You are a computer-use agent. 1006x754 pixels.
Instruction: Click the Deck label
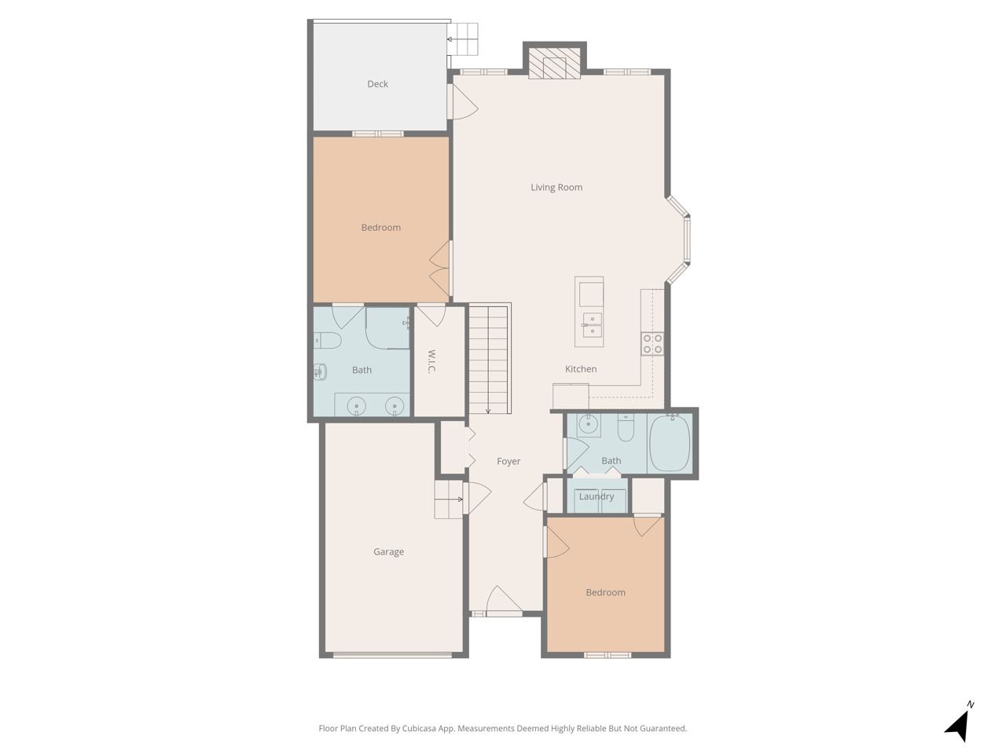(x=377, y=84)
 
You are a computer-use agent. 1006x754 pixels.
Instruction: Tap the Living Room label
(x=556, y=187)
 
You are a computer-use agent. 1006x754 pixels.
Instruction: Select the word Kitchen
(x=580, y=368)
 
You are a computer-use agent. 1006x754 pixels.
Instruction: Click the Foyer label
(x=509, y=461)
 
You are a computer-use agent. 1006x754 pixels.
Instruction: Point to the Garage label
(x=388, y=551)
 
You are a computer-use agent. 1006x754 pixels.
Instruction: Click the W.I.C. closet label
(x=431, y=361)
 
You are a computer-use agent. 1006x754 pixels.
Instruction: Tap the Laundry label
(x=596, y=496)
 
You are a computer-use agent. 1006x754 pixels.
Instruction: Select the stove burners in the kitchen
(x=652, y=343)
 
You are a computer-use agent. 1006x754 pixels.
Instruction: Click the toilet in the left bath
(x=327, y=341)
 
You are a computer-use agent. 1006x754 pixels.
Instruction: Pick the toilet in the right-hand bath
(x=625, y=426)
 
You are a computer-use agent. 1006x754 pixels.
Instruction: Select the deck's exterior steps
(x=463, y=39)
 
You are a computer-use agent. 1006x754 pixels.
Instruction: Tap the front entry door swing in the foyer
(x=503, y=600)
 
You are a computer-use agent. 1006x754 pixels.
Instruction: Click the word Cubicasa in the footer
(x=419, y=728)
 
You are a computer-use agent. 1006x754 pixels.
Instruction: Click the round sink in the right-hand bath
(x=588, y=425)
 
